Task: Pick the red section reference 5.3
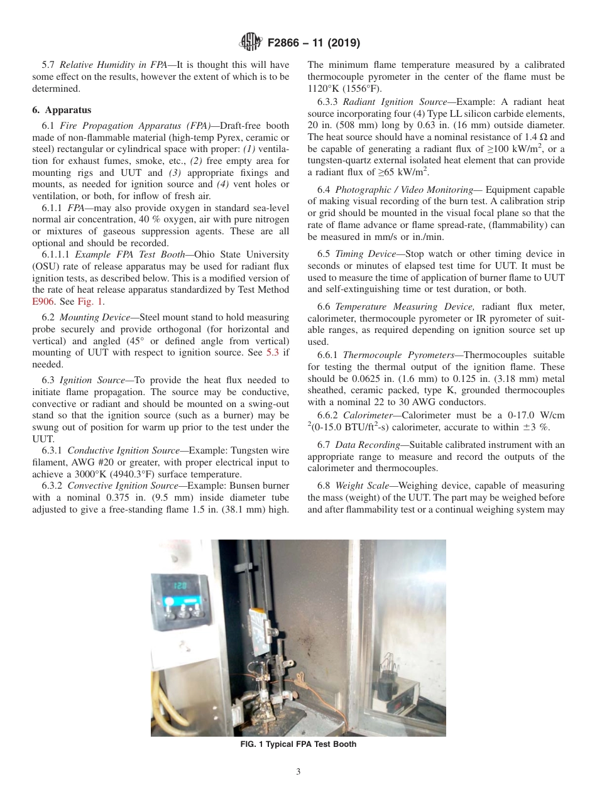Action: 271,352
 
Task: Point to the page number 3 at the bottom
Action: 298,771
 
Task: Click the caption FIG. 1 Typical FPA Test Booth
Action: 298,744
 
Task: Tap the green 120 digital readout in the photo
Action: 181,585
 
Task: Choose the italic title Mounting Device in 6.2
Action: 86,317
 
